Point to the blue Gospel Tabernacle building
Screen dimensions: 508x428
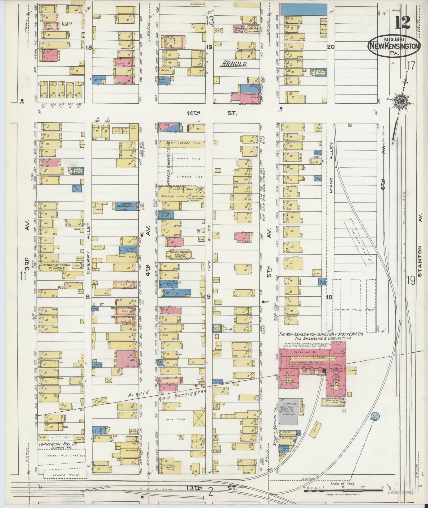(126, 206)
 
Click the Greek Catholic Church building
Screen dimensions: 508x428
(179, 254)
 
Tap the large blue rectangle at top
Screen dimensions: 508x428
(304, 10)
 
